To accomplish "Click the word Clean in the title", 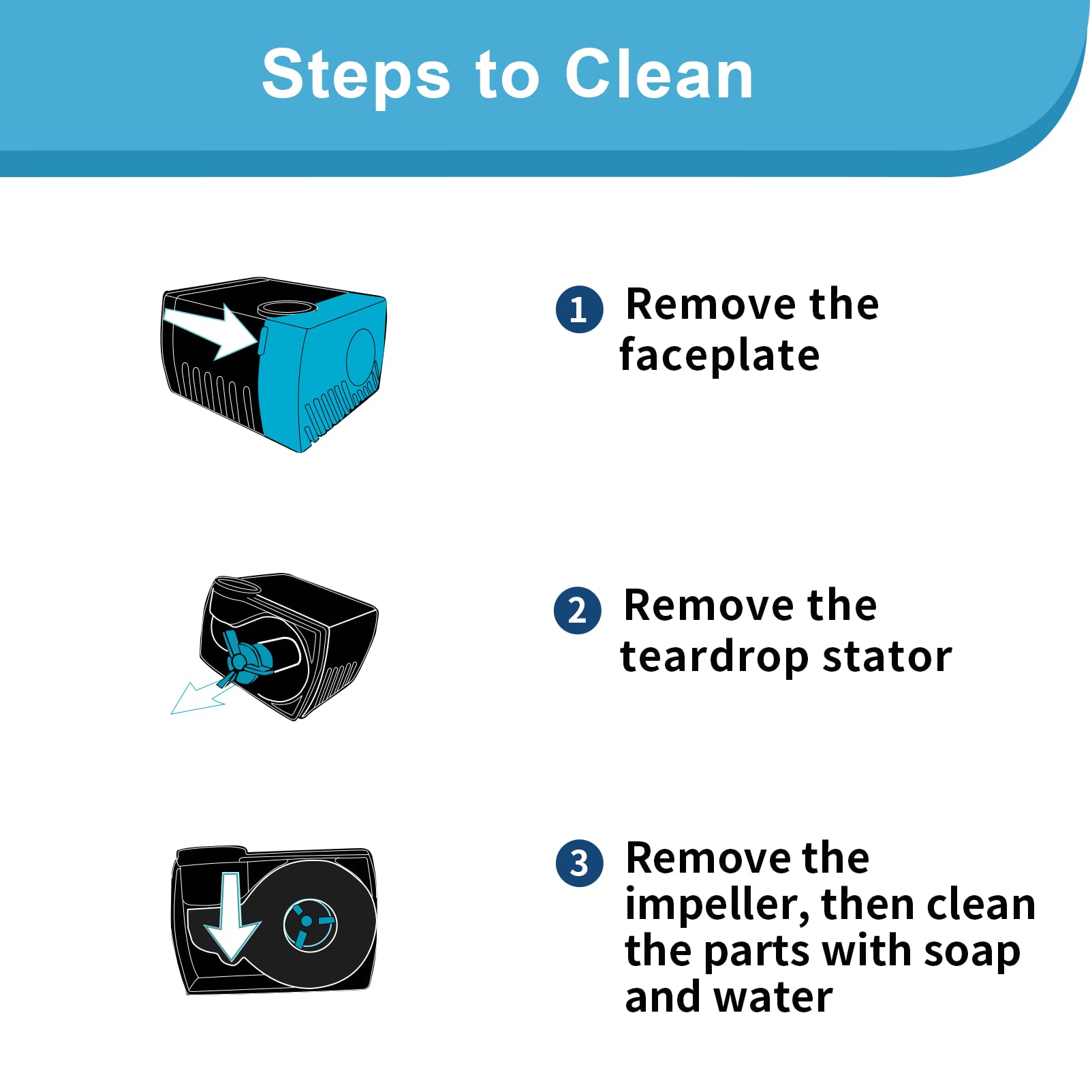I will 659,75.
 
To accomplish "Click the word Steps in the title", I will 356,75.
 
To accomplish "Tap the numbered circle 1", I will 579,309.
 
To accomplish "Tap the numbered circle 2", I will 577,610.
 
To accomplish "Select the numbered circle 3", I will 579,863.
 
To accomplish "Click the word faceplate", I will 719,356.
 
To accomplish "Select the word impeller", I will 715,906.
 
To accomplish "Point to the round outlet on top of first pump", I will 287,307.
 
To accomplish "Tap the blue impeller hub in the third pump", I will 307,921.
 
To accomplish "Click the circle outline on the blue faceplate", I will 360,356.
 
